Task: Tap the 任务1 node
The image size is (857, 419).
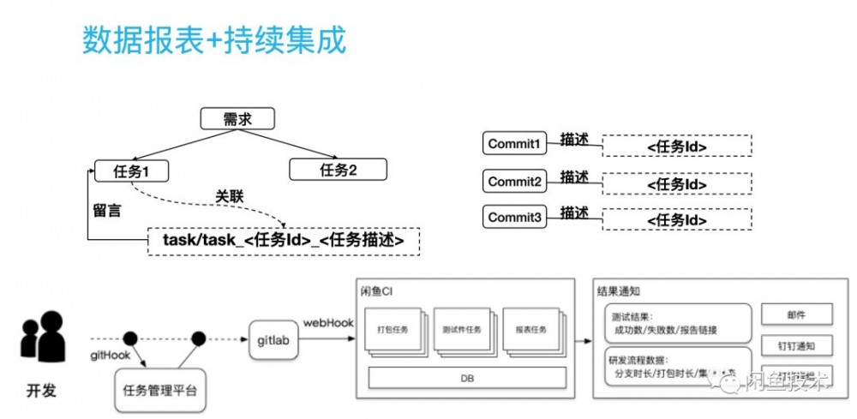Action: (131, 171)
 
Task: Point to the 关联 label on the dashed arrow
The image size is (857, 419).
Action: (229, 197)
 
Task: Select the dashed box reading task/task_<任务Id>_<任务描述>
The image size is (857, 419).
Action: (284, 240)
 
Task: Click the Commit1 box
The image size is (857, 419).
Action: (514, 144)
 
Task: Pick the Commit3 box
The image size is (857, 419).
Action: (514, 218)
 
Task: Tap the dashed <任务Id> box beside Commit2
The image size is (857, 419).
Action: (676, 183)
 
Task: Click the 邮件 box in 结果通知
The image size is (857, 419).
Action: (795, 314)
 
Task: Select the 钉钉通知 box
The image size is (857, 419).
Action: (795, 346)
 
